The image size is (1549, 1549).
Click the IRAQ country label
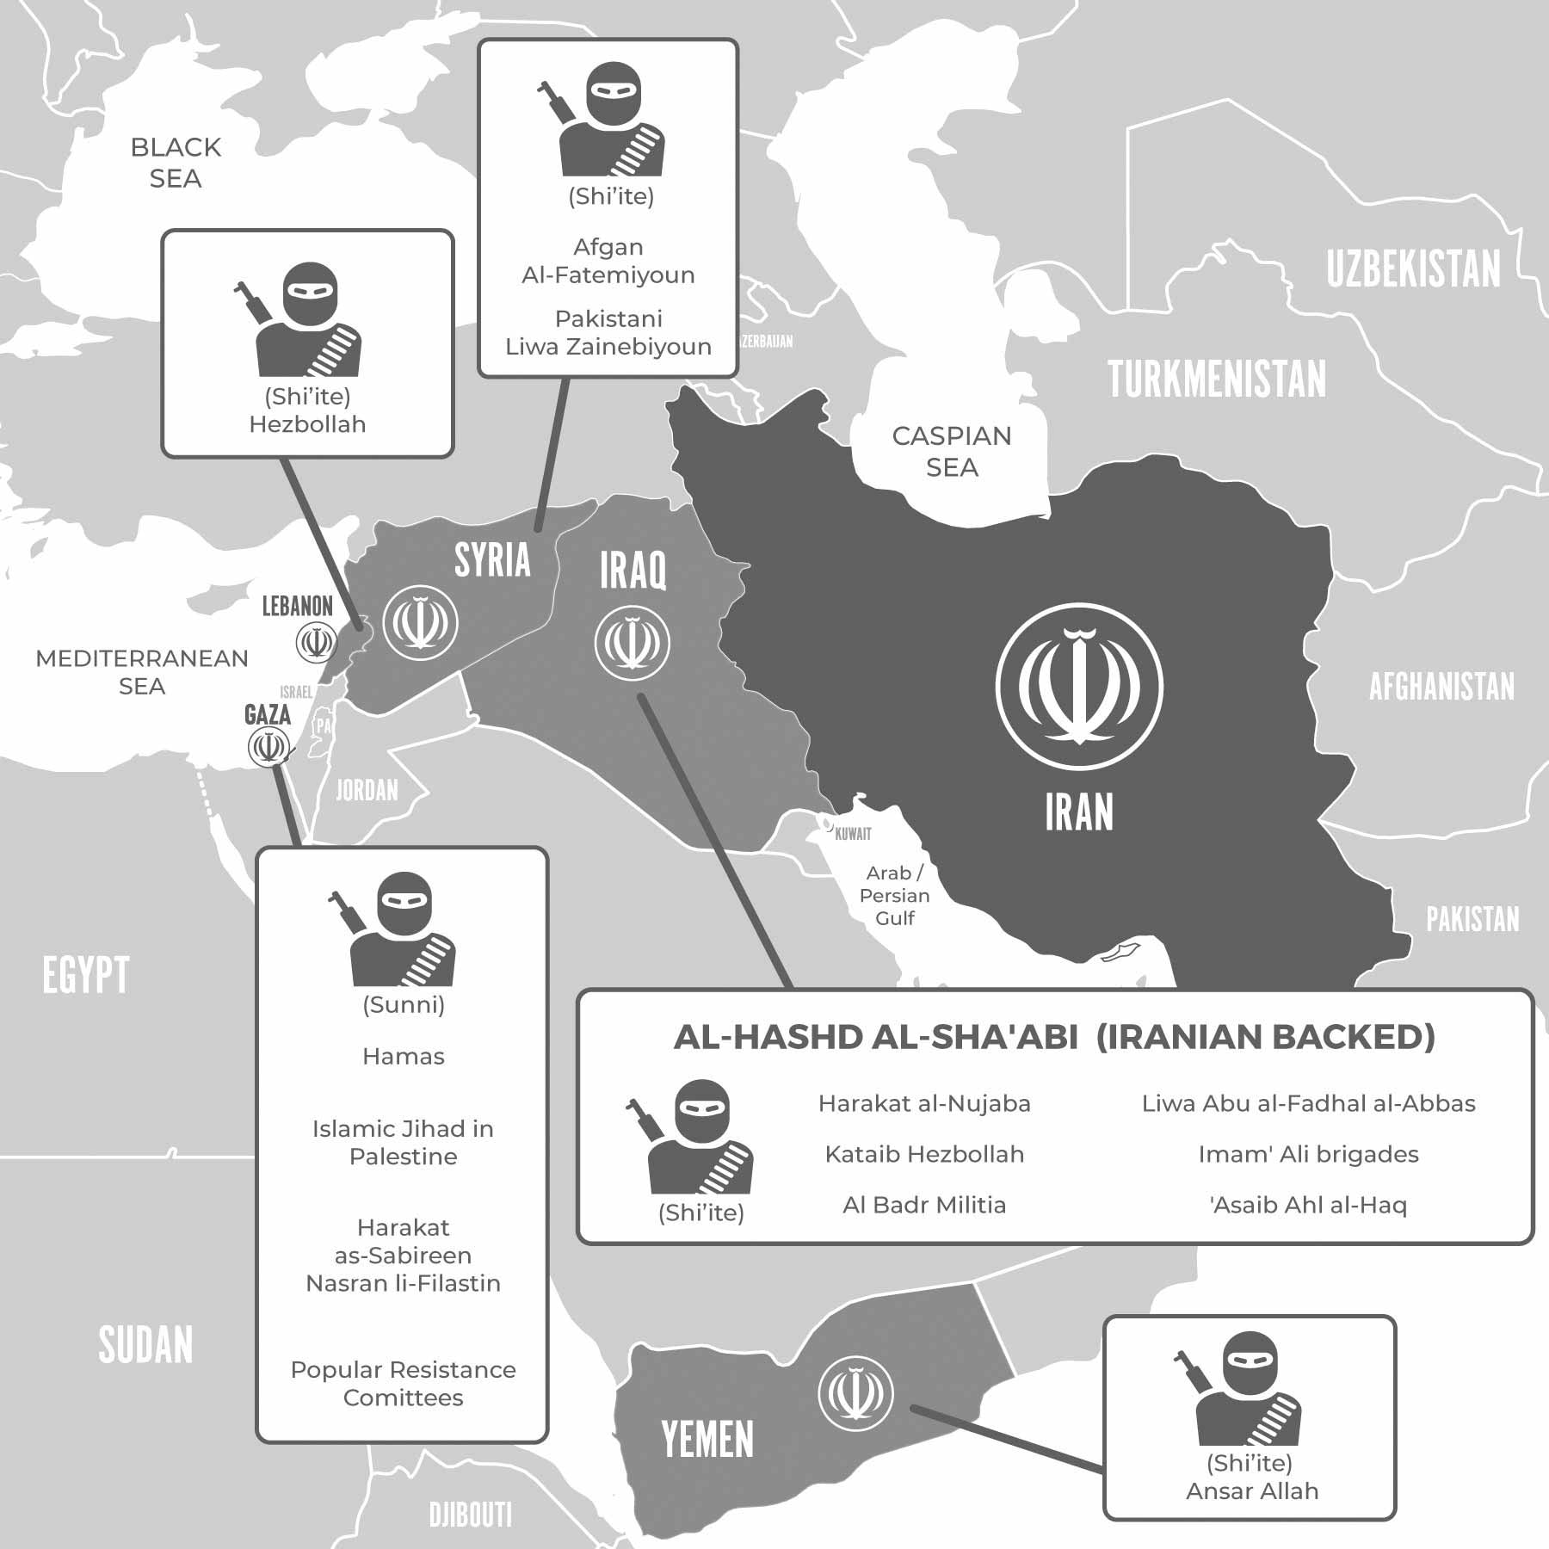(633, 570)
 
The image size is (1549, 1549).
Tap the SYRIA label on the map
(492, 560)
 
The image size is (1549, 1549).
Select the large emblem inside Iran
(1079, 686)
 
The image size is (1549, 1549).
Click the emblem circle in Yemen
(855, 1393)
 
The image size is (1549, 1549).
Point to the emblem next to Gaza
(267, 746)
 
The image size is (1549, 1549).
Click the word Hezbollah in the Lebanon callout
(307, 424)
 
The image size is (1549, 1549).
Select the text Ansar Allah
(1252, 1490)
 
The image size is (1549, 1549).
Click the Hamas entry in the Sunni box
(403, 1056)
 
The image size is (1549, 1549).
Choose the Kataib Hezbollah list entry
(924, 1154)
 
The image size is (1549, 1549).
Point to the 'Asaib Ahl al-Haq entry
(1308, 1205)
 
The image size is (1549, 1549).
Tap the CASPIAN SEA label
(952, 452)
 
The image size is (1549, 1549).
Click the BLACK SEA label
(176, 163)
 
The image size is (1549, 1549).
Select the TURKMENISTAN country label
(1217, 380)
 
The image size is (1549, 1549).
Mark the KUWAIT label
(853, 833)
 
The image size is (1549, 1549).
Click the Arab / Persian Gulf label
(894, 895)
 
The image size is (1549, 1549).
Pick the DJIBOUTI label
(471, 1514)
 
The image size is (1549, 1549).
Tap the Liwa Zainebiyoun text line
(608, 347)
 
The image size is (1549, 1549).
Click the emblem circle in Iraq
(633, 643)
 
